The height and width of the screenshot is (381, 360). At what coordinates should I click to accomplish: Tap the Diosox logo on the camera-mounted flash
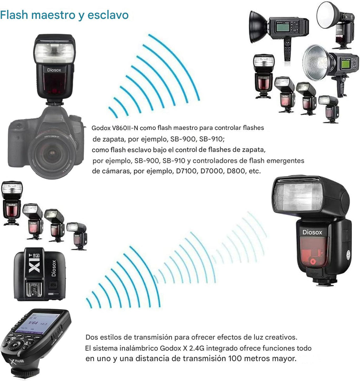click(54, 70)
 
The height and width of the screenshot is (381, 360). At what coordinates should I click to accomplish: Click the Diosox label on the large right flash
click(312, 232)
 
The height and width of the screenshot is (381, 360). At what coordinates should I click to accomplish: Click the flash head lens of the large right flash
click(298, 197)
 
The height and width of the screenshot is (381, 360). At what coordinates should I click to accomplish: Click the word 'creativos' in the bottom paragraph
click(279, 337)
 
